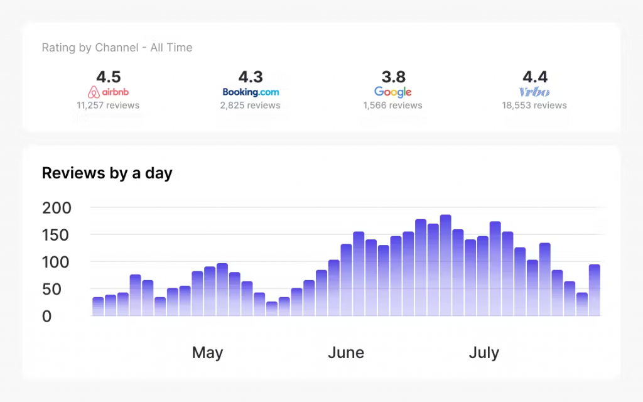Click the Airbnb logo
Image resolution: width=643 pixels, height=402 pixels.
coord(108,92)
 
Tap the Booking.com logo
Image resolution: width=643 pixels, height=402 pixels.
coord(251,92)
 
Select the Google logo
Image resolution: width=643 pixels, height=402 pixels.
coord(392,92)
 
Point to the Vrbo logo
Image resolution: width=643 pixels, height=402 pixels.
coord(534,92)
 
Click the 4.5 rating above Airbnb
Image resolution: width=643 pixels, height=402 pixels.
coord(108,77)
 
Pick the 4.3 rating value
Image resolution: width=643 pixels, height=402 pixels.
coord(251,77)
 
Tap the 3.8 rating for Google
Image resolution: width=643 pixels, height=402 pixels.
coord(393,77)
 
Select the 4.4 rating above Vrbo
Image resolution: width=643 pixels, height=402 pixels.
coord(535,77)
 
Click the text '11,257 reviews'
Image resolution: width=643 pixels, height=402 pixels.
coord(108,106)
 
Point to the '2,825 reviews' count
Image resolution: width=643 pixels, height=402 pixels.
coord(250,106)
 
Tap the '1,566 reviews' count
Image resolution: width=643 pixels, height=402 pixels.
coord(392,106)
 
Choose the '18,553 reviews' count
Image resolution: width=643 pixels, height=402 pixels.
coord(534,106)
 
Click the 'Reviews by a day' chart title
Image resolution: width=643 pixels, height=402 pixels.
coord(107,173)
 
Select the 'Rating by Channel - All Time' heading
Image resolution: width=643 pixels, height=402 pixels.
coord(117,48)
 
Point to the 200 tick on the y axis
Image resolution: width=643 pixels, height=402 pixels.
coord(57,208)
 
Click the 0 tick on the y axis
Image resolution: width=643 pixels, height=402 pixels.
coord(47,317)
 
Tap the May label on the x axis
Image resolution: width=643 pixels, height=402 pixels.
coord(207,353)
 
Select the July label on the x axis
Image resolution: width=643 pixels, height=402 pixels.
coord(484,353)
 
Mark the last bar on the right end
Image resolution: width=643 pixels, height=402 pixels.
coord(595,290)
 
